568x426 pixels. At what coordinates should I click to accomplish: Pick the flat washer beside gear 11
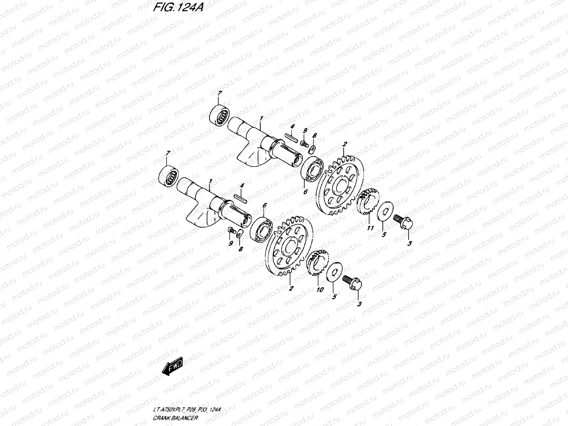pyautogui.click(x=385, y=211)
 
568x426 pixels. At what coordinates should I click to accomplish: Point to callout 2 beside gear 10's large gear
pyautogui.click(x=291, y=289)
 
